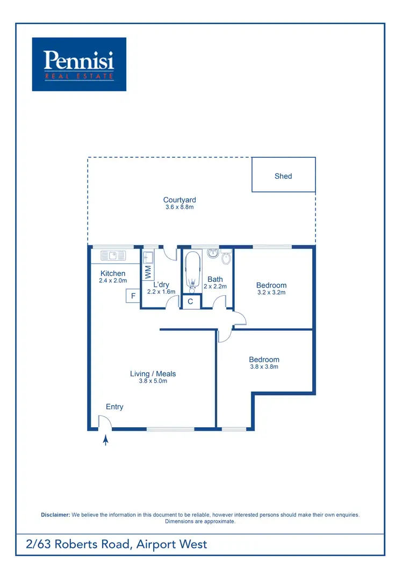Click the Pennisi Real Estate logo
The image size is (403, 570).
pyautogui.click(x=79, y=64)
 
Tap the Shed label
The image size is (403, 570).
pyautogui.click(x=283, y=176)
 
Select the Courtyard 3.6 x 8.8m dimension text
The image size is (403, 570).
pyautogui.click(x=179, y=207)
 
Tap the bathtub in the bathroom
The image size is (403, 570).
pyautogui.click(x=192, y=272)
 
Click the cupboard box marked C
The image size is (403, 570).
pyautogui.click(x=191, y=302)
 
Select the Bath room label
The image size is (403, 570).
pyautogui.click(x=215, y=279)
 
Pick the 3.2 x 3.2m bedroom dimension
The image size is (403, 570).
pyautogui.click(x=271, y=293)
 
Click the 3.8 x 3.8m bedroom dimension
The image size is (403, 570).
pyautogui.click(x=264, y=367)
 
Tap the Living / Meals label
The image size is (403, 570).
pyautogui.click(x=153, y=374)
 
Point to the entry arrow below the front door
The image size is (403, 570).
pyautogui.click(x=106, y=441)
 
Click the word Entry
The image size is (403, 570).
pyautogui.click(x=114, y=407)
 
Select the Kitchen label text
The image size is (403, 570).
pyautogui.click(x=113, y=274)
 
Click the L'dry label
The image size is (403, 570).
pyautogui.click(x=161, y=284)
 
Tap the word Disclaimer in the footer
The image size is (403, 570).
pyautogui.click(x=55, y=515)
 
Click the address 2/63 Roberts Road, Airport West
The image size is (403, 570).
pyautogui.click(x=117, y=544)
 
